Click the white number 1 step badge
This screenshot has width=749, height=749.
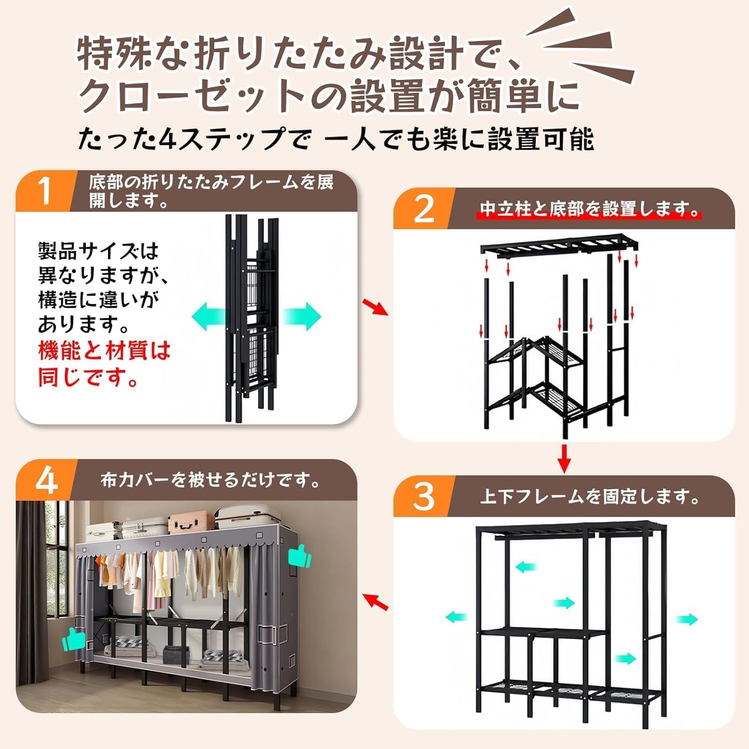45,190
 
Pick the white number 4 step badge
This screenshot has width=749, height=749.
46,481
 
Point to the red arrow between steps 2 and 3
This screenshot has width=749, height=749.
564,457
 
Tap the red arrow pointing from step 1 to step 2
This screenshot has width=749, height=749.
375,307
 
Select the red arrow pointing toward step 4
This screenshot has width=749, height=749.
375,602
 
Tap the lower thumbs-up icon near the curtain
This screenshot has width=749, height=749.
74,639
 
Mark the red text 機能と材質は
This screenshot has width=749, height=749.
104,351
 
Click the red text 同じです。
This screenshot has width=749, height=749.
88,377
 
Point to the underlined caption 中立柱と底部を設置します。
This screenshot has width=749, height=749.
590,209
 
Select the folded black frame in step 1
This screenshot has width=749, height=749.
253,319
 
